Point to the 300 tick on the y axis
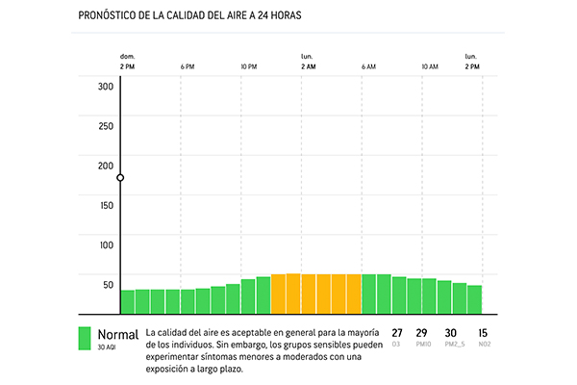[106, 86]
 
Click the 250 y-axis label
[106, 125]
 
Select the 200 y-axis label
[106, 166]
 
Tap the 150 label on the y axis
[106, 205]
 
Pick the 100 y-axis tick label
[106, 244]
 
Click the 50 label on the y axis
[108, 284]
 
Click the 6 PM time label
[188, 66]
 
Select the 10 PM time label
[248, 66]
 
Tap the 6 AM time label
[368, 66]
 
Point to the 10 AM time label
[429, 66]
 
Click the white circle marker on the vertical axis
[120, 178]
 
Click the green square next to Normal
[86, 338]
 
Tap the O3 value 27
[397, 333]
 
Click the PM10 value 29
[421, 333]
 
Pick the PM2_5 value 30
[450, 333]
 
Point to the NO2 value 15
[483, 333]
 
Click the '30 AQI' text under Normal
[107, 346]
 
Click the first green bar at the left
[127, 302]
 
